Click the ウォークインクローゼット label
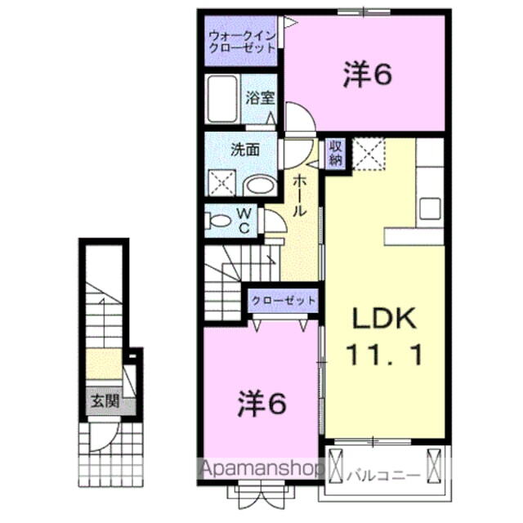[241, 42]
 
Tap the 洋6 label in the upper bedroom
[365, 74]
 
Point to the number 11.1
[384, 354]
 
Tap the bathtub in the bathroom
[223, 99]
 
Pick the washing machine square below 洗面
[221, 182]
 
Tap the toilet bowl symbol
[219, 219]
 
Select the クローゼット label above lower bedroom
[284, 300]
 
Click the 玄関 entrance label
[104, 401]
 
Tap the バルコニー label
[383, 475]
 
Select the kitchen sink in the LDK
[431, 208]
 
